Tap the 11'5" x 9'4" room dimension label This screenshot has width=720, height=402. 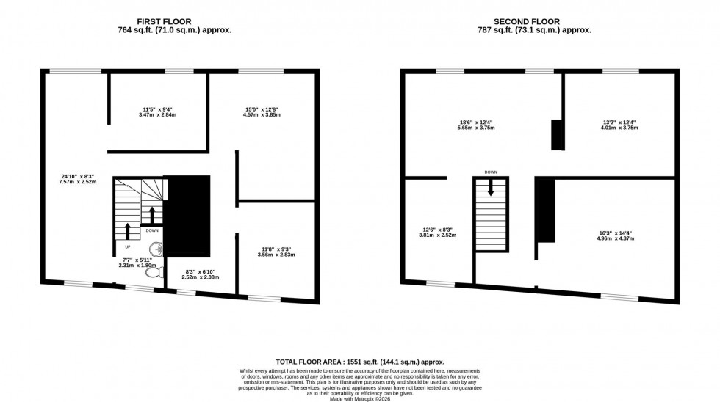(159, 112)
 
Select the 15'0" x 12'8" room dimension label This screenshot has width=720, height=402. (262, 112)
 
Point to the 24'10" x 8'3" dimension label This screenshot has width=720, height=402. (77, 178)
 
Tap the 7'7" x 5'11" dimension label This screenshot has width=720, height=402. (134, 263)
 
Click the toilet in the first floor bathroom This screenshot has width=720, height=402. (154, 272)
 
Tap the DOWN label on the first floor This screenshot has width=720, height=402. (152, 230)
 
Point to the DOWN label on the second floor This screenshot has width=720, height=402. (491, 172)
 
